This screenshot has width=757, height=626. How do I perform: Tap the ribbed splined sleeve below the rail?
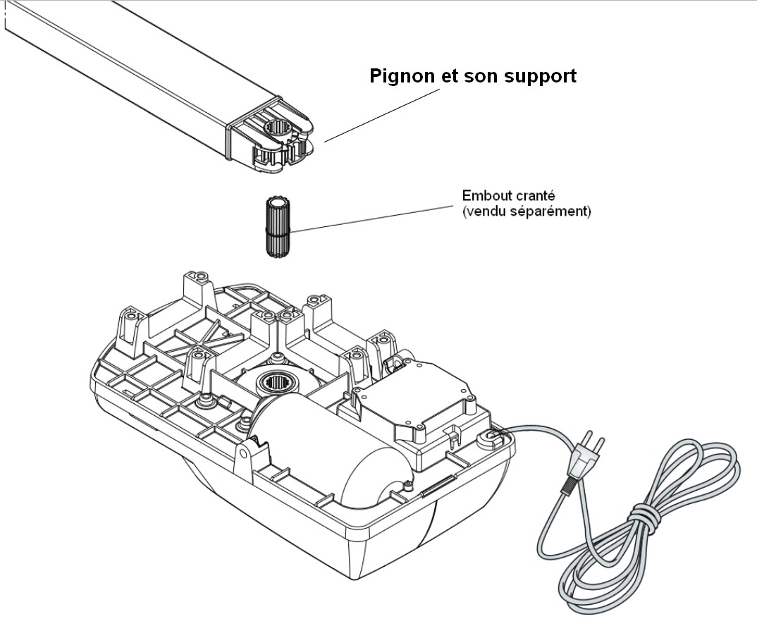pos(278,228)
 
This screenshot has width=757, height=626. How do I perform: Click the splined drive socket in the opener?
pos(277,384)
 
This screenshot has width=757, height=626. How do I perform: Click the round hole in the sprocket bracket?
pos(276,131)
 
